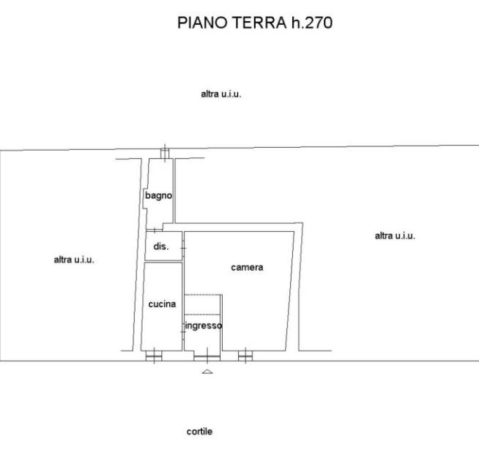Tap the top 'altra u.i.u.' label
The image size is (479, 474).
[x=221, y=94]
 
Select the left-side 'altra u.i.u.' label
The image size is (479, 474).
[x=74, y=260]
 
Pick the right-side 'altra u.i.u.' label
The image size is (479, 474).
[x=395, y=236]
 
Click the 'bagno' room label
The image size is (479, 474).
[x=158, y=195]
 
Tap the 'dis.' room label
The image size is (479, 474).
[x=161, y=247]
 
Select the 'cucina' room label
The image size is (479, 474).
[x=162, y=304]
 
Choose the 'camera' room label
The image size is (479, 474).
[x=247, y=268]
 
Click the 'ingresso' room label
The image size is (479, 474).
[x=204, y=326]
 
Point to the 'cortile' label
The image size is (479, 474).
[x=199, y=432]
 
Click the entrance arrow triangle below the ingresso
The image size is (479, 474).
[x=207, y=372]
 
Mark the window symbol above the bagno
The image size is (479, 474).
[x=166, y=151]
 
